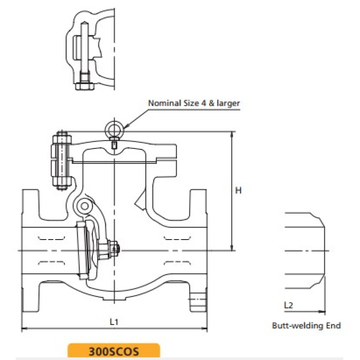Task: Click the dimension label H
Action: tap(238, 191)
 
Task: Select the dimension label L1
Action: tap(114, 321)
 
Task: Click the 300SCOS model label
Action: tap(114, 351)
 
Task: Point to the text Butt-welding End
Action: tap(306, 326)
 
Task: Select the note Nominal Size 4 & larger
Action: tap(194, 103)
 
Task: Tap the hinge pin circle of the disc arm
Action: tap(84, 205)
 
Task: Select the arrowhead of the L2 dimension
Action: tap(323, 311)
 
